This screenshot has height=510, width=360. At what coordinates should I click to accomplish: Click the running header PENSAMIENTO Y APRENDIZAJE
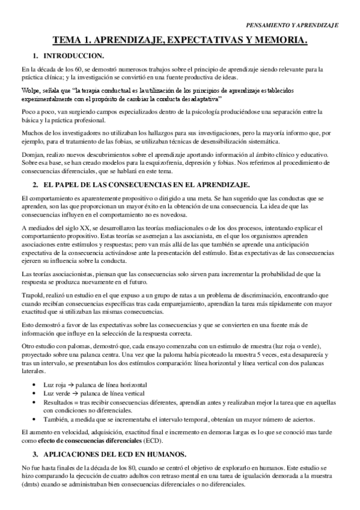293,26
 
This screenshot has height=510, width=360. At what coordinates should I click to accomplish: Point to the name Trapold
33,296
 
